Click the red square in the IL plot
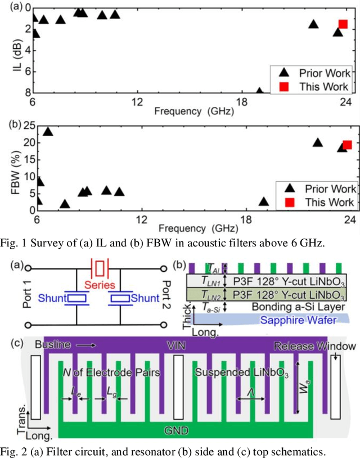(343, 24)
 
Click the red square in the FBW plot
(347, 145)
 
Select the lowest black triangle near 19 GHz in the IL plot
(259, 91)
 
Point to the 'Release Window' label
(314, 345)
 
